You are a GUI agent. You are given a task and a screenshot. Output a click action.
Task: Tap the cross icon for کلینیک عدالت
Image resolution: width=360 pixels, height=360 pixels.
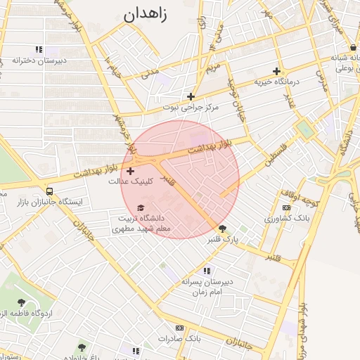pos(130,171)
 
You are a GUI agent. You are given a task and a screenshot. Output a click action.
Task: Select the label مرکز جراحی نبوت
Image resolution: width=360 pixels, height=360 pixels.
pos(191,108)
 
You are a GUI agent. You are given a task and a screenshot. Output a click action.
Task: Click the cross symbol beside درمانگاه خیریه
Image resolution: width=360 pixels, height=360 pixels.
pos(277,71)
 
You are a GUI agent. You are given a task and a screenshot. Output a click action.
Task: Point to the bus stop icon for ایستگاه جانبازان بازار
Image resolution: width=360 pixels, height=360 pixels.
pos(49,191)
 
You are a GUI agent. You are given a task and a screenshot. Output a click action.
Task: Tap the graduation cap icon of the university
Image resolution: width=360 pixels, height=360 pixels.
pos(141,208)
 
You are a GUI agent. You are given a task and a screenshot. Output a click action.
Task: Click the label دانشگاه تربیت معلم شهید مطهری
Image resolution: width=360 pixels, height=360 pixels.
pos(143,224)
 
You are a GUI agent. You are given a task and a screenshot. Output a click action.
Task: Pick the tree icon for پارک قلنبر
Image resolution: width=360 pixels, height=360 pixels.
pos(223,229)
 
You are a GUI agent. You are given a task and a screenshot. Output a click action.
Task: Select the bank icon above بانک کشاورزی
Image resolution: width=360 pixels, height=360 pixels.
pos(286,208)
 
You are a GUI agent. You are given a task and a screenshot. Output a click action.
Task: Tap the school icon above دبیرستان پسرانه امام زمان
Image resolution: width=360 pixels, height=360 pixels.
pos(206,271)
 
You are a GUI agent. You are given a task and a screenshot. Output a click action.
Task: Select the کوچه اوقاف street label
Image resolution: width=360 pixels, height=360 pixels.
pos(301,198)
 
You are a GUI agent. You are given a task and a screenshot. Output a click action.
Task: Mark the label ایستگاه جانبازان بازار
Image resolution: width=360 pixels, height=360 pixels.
pos(49,202)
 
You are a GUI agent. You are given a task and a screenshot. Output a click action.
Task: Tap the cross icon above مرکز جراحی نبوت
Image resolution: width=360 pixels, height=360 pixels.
pos(191,96)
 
